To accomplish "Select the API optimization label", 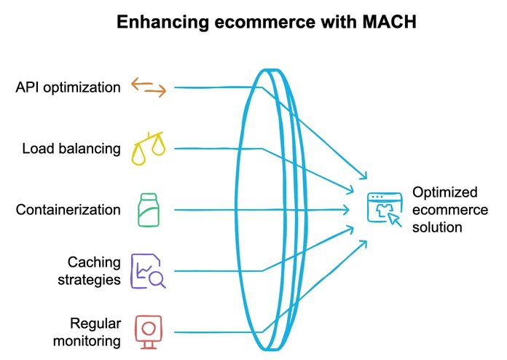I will pos(68,87).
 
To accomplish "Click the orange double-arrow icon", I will pos(149,87).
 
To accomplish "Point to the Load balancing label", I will pos(71,149).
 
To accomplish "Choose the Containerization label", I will pos(68,210).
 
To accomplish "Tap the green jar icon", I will pos(149,209).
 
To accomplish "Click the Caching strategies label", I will pos(94,270).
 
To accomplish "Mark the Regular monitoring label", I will pos(95,331).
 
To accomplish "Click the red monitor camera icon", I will pos(148,331).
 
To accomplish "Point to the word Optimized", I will pos(445,192).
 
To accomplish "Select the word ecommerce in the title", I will pos(260,23).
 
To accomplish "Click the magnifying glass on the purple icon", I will pos(157,278).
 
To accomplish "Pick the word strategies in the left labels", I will pos(94,278).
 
